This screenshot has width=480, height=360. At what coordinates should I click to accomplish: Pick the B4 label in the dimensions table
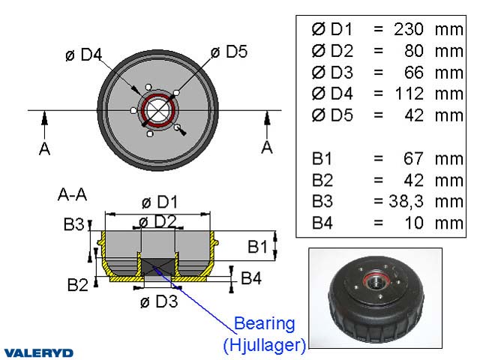(x=323, y=223)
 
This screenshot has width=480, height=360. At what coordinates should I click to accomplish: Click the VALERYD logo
(x=38, y=352)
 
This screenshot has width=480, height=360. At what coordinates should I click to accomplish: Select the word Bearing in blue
(x=265, y=324)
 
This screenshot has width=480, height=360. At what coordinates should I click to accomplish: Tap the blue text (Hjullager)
(x=265, y=345)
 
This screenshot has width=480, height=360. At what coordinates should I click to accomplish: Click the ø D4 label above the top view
(x=83, y=54)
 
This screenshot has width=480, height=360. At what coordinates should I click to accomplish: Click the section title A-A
(x=72, y=195)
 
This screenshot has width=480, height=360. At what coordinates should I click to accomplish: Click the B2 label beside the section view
(x=78, y=284)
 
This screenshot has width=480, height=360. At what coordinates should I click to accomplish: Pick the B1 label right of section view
(x=257, y=246)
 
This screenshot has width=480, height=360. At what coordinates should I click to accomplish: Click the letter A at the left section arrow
(x=44, y=148)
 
